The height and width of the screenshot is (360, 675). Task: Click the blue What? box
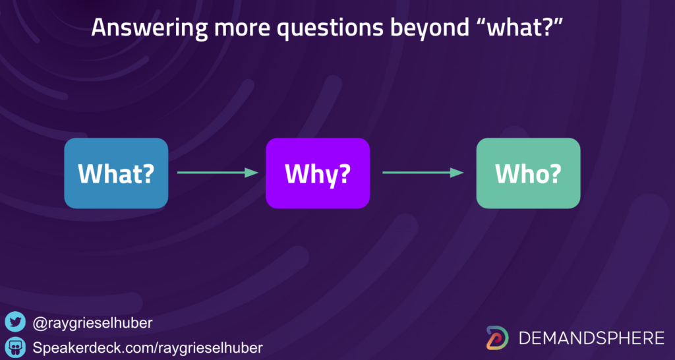[x=116, y=173]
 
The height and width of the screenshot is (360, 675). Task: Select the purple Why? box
[x=318, y=173]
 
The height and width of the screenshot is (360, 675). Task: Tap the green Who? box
[x=528, y=173]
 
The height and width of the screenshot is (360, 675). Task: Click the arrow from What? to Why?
[x=218, y=173]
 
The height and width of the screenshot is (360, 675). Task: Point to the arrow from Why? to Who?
[x=423, y=173]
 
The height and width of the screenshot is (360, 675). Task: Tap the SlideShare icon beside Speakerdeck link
[x=16, y=347]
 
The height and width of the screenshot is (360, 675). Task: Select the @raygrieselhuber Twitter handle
[x=92, y=323]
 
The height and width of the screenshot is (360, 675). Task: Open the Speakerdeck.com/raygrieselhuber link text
[x=148, y=347]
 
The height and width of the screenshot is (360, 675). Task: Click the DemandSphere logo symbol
[x=498, y=338]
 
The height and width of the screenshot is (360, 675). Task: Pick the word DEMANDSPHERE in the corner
[x=591, y=338]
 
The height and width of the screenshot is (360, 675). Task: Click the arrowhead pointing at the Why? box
[x=252, y=173]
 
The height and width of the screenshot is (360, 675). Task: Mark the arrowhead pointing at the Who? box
[x=457, y=173]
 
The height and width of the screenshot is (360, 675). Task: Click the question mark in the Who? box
[x=555, y=173]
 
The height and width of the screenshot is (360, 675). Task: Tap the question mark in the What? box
[x=148, y=173]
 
